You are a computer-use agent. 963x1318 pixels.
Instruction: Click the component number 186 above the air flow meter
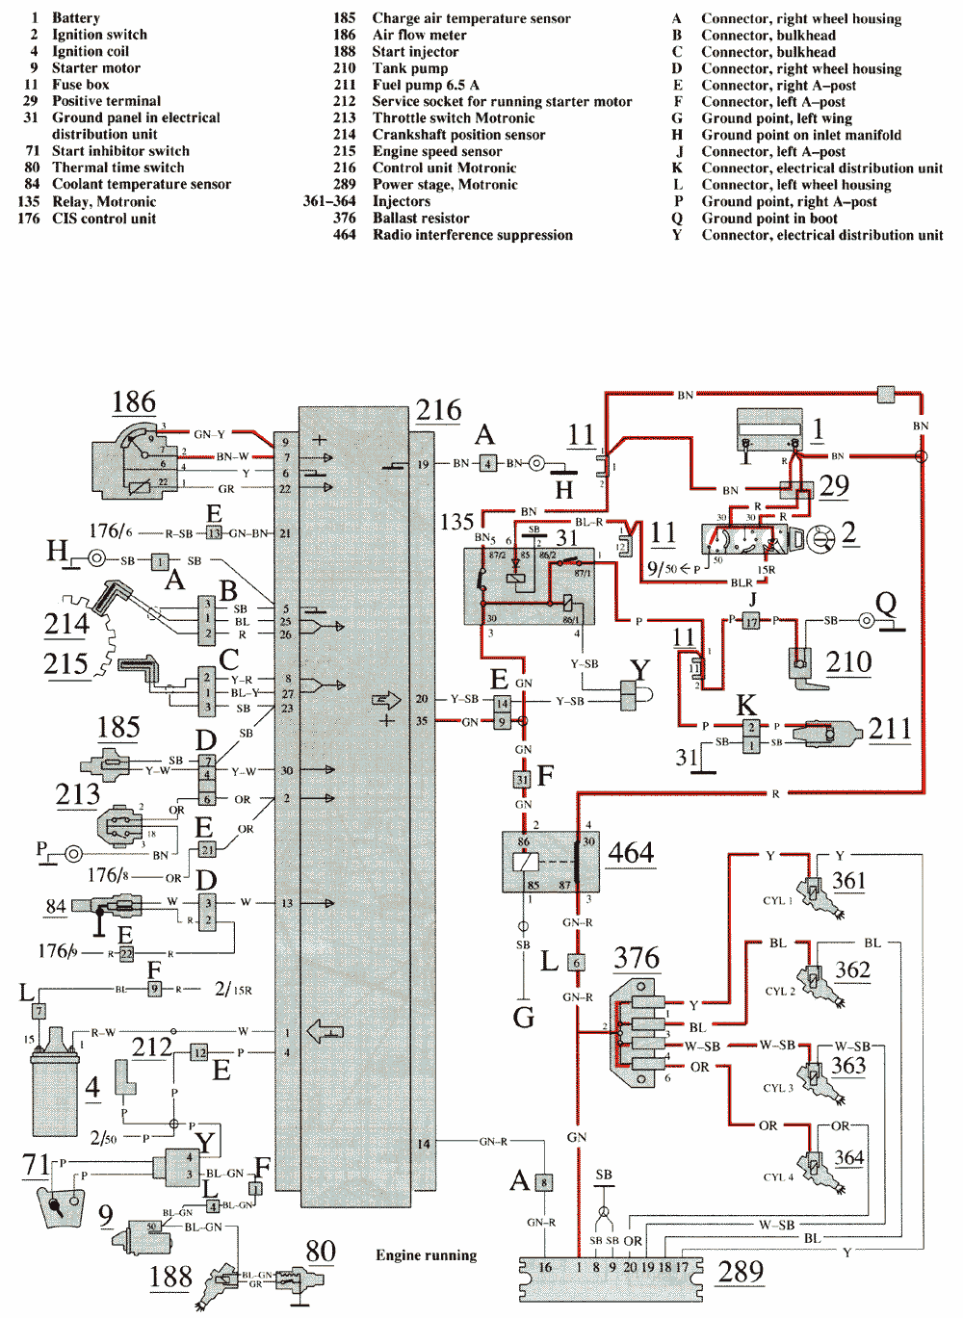pyautogui.click(x=134, y=402)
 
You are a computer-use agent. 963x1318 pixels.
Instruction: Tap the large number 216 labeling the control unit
pyautogui.click(x=438, y=410)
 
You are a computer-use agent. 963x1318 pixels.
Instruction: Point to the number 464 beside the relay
pyautogui.click(x=631, y=853)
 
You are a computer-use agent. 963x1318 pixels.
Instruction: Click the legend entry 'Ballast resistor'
pyautogui.click(x=421, y=219)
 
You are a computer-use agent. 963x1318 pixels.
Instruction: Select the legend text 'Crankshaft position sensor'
pyautogui.click(x=458, y=135)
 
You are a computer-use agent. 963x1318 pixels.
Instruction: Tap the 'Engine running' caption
pyautogui.click(x=426, y=1254)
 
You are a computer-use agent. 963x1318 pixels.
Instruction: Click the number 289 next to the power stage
pyautogui.click(x=741, y=1272)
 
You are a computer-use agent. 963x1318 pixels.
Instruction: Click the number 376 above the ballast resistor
pyautogui.click(x=637, y=958)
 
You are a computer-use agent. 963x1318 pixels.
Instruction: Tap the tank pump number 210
pyautogui.click(x=848, y=662)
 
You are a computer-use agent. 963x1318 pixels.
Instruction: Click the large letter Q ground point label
pyautogui.click(x=885, y=604)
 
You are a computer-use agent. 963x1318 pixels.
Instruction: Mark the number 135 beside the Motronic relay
pyautogui.click(x=456, y=522)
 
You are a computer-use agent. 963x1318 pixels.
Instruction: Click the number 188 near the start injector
pyautogui.click(x=170, y=1277)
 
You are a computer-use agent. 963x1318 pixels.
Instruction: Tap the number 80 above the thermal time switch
pyautogui.click(x=320, y=1251)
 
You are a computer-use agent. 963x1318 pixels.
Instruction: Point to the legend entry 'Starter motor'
pyautogui.click(x=95, y=68)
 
